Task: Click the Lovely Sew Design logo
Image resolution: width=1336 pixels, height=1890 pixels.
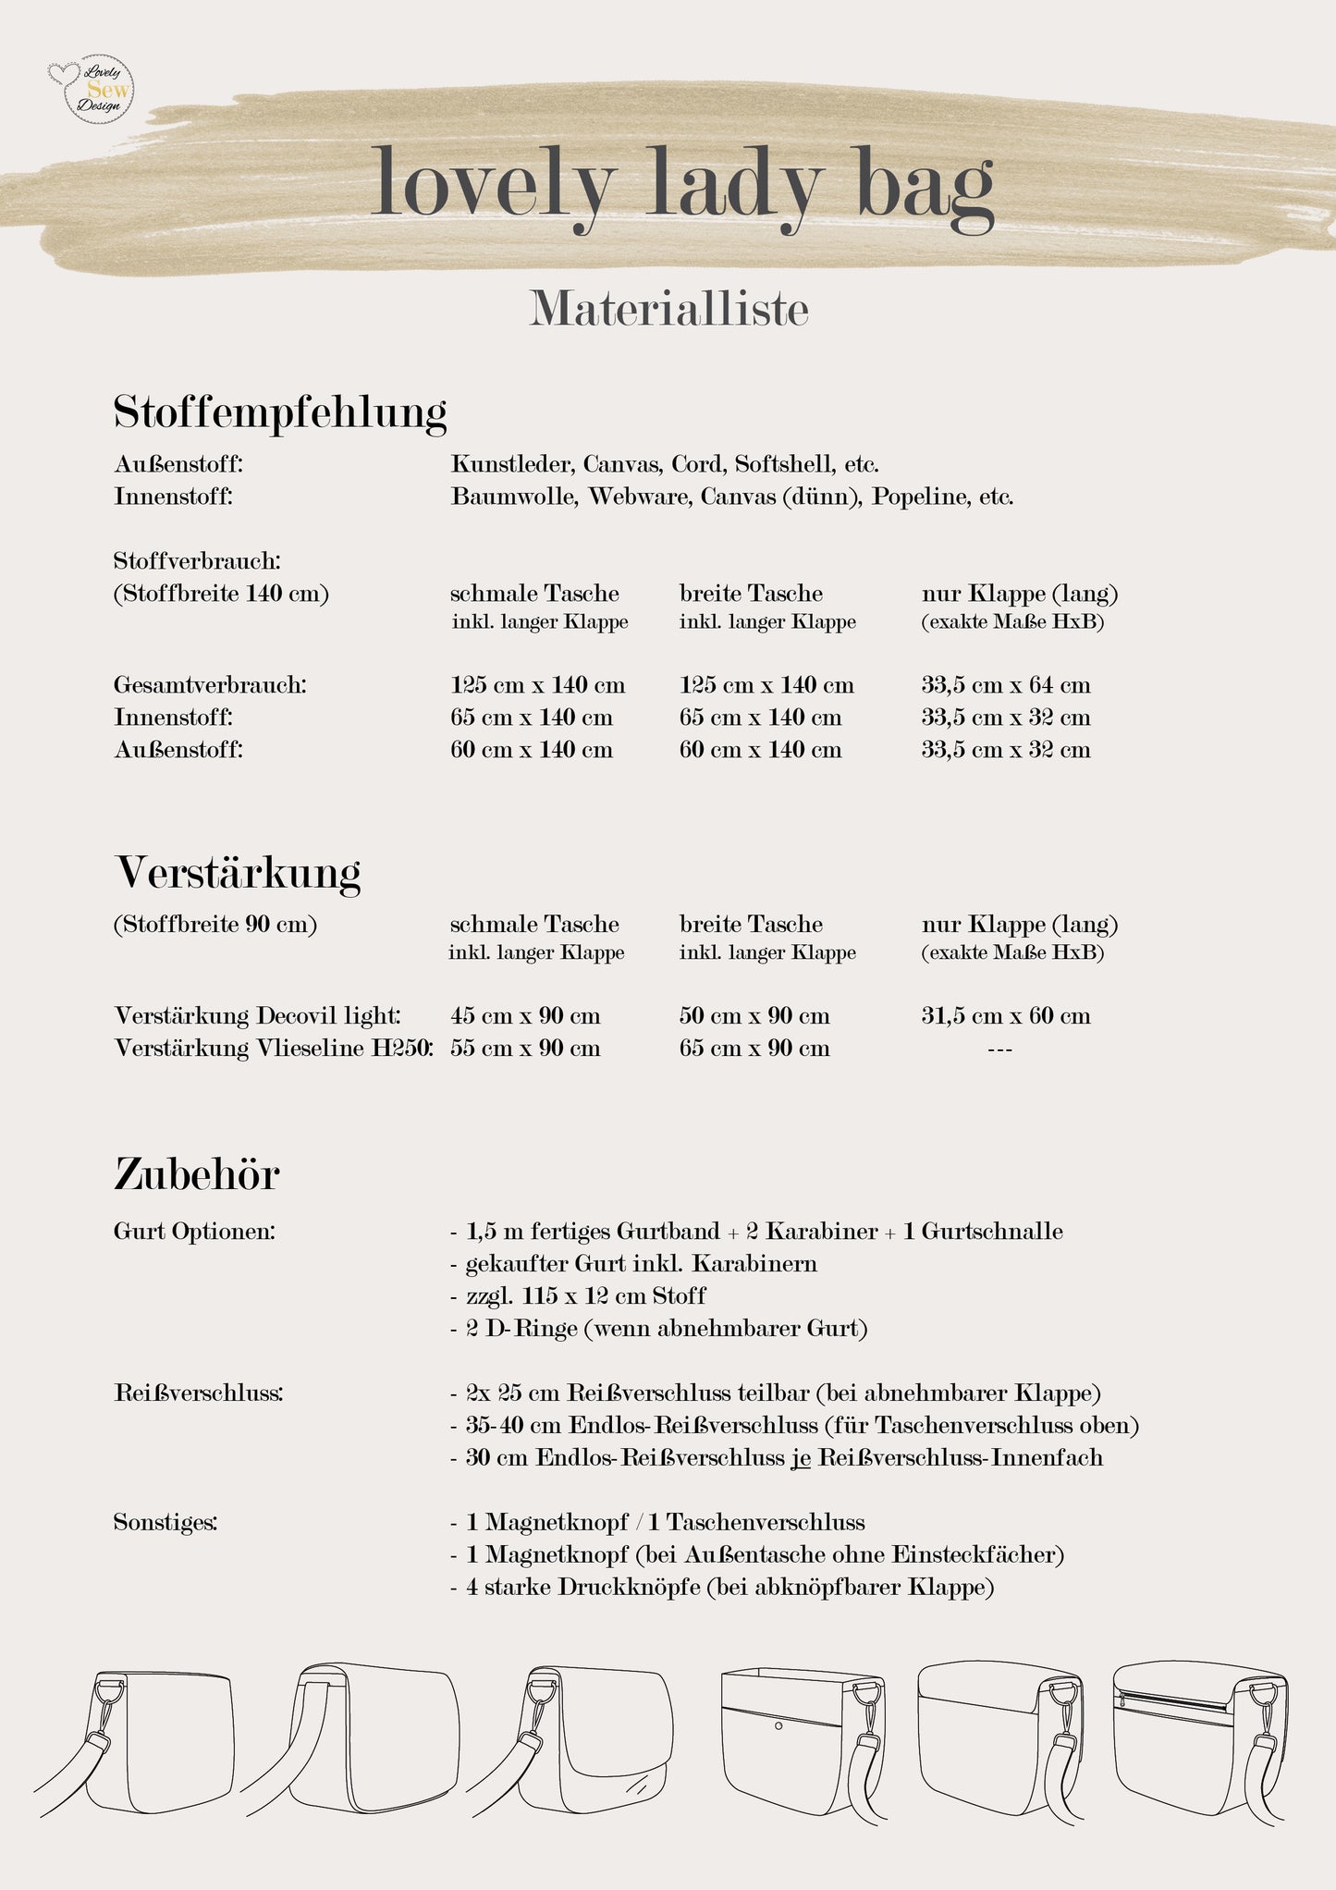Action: point(91,89)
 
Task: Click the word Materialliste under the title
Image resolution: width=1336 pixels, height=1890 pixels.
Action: point(668,309)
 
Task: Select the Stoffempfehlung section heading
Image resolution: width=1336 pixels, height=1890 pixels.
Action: point(280,412)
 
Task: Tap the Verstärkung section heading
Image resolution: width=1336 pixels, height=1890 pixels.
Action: point(238,872)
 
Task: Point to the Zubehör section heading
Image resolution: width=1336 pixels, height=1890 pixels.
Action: point(197,1174)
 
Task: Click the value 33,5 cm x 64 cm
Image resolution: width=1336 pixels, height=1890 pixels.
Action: point(1006,685)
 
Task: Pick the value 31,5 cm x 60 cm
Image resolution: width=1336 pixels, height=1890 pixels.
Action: point(1006,1016)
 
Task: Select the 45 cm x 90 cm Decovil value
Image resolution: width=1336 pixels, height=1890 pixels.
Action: point(525,1016)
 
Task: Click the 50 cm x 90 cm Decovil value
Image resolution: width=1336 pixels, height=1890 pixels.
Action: point(754,1016)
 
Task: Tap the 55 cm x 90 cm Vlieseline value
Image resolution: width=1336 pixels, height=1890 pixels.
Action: point(525,1049)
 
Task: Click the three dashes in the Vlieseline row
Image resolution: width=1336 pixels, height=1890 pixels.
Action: point(999,1049)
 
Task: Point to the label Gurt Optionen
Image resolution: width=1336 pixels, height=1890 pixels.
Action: point(194,1232)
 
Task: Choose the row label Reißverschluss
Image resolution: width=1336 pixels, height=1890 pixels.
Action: point(199,1393)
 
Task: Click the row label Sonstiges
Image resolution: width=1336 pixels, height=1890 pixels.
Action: point(165,1522)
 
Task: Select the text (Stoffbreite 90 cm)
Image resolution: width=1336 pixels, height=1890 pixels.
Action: point(215,925)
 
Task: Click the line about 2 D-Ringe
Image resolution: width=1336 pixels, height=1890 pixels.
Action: point(658,1329)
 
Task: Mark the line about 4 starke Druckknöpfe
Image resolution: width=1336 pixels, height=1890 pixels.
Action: point(722,1588)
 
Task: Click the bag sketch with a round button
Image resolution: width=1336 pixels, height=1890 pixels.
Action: point(801,1742)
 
